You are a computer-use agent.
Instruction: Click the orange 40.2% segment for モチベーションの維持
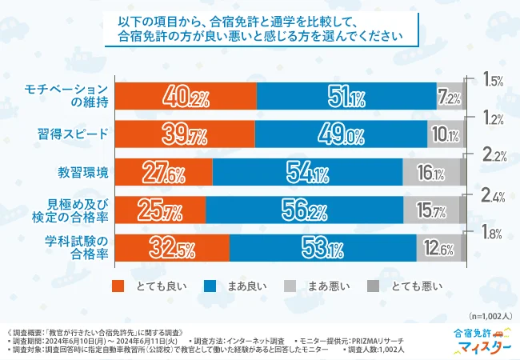(186, 98)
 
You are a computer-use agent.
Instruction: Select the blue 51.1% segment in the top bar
(346, 98)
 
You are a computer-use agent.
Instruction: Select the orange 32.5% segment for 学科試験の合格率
(173, 246)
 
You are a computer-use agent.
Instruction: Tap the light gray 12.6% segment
(438, 246)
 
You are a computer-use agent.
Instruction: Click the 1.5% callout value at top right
(493, 80)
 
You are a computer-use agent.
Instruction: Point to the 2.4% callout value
(493, 194)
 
